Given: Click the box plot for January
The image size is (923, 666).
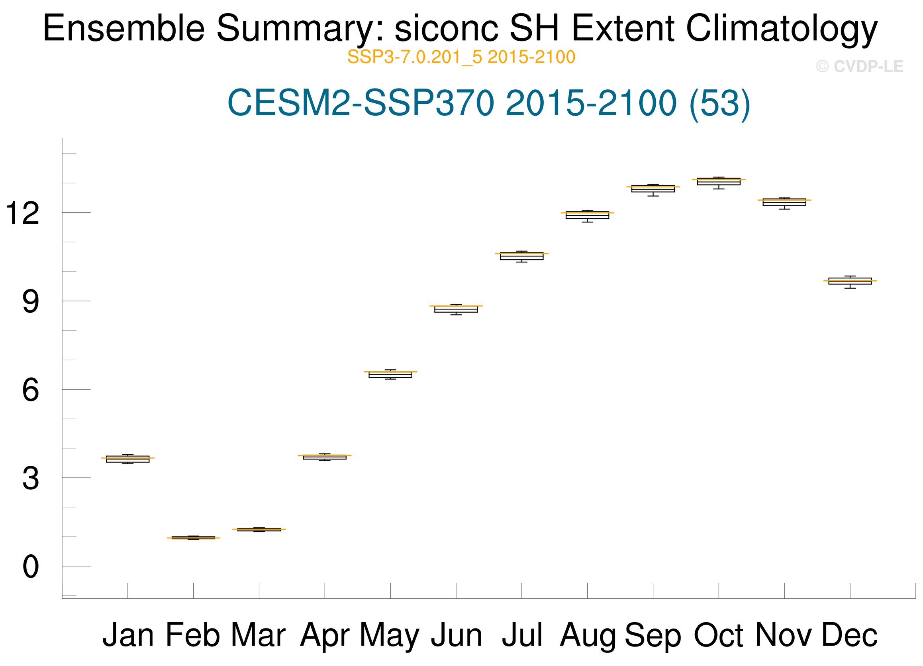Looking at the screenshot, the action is click(127, 459).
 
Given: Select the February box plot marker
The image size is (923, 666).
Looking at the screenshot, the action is click(193, 538).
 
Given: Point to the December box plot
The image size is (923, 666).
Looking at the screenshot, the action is click(850, 282).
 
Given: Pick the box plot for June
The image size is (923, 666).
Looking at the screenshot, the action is click(456, 309).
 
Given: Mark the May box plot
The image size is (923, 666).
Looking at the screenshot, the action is click(390, 374).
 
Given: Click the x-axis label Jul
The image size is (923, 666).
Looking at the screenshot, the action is click(522, 635).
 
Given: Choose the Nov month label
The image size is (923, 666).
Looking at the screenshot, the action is click(784, 635).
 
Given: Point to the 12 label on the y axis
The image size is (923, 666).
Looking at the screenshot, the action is click(22, 213).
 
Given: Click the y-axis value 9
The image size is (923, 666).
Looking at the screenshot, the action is click(31, 302).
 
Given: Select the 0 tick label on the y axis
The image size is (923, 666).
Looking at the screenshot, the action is click(31, 567).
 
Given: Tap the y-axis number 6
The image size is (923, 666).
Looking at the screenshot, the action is click(31, 390).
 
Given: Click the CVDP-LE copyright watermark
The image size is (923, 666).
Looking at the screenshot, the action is click(860, 66).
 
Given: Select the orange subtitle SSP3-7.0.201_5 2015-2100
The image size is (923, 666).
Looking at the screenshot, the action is click(461, 57).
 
